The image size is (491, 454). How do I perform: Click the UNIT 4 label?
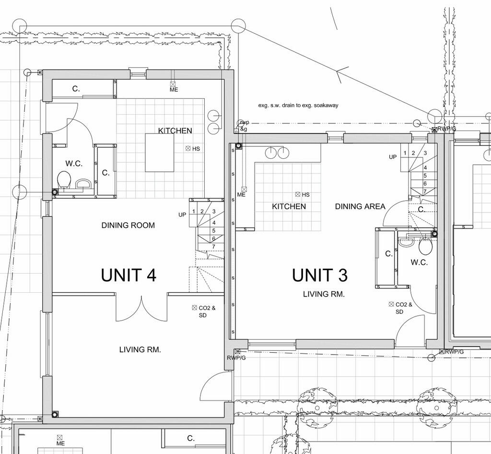click(129, 275)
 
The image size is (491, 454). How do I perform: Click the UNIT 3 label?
click(320, 275)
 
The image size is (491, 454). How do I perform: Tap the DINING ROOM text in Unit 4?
click(128, 225)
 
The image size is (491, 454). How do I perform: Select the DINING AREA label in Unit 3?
click(360, 206)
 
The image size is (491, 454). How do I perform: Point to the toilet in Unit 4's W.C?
click(64, 180)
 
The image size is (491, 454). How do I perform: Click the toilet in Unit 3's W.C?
click(425, 247)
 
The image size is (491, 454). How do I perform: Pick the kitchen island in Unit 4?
click(160, 152)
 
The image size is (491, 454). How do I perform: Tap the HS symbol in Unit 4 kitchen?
click(188, 149)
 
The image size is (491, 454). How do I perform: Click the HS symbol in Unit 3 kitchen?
click(298, 194)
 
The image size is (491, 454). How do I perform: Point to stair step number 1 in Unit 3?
click(405, 153)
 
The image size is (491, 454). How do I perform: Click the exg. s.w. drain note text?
click(298, 105)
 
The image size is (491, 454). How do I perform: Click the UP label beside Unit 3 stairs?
click(392, 157)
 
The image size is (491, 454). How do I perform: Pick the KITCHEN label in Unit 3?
click(289, 206)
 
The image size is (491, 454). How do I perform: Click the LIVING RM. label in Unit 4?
click(140, 350)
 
